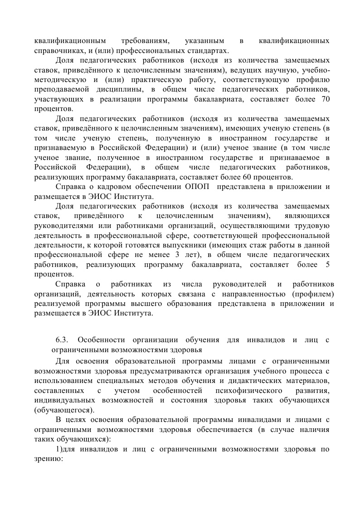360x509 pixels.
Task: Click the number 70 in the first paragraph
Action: [325, 99]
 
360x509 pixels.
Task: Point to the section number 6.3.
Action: [62, 340]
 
